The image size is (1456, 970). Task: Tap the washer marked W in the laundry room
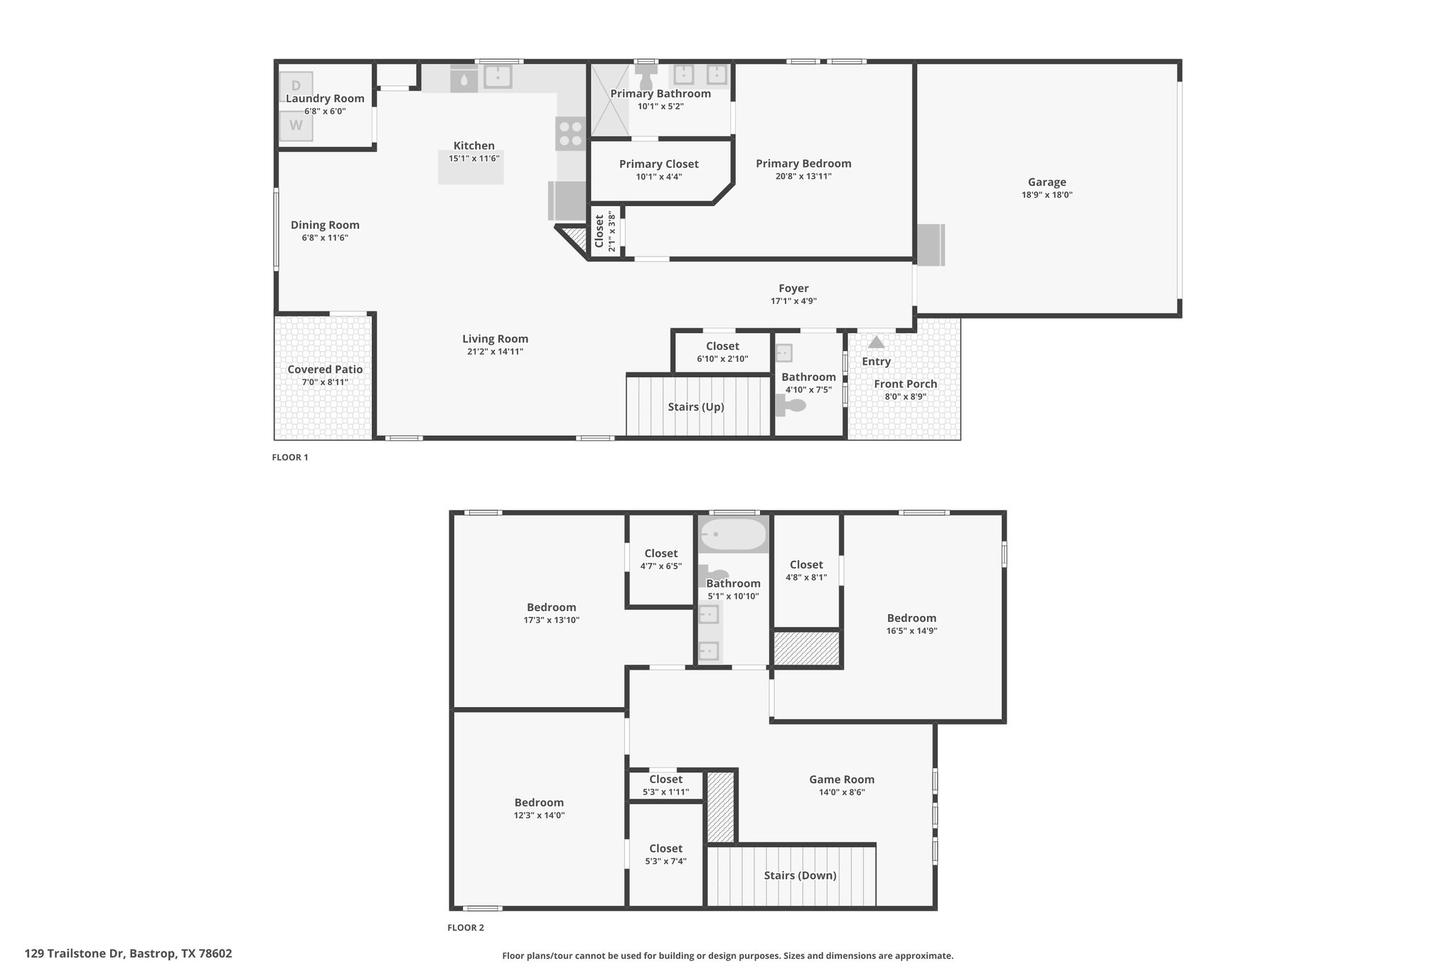tap(296, 126)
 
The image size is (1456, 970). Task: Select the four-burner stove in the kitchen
tap(570, 134)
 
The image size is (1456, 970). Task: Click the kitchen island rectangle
tap(471, 168)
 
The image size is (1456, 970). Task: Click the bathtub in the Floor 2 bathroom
tap(734, 535)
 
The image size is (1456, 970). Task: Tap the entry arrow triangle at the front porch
tap(876, 342)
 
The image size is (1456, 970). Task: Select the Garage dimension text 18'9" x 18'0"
tap(1046, 195)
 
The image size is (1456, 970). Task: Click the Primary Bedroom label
tap(803, 163)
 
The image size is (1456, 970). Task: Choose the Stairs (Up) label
tap(696, 407)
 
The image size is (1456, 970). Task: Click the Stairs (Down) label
tap(800, 875)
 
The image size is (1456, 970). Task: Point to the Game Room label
tap(842, 780)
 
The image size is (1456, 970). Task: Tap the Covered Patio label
tap(325, 370)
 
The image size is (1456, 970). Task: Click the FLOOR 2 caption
tap(466, 927)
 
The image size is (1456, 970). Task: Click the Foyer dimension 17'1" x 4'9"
tap(793, 301)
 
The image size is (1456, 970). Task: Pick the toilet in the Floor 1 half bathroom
tap(791, 406)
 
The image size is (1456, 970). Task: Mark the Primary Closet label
tap(659, 164)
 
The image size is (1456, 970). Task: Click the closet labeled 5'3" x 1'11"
tap(665, 785)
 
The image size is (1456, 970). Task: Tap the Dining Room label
tap(325, 225)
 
